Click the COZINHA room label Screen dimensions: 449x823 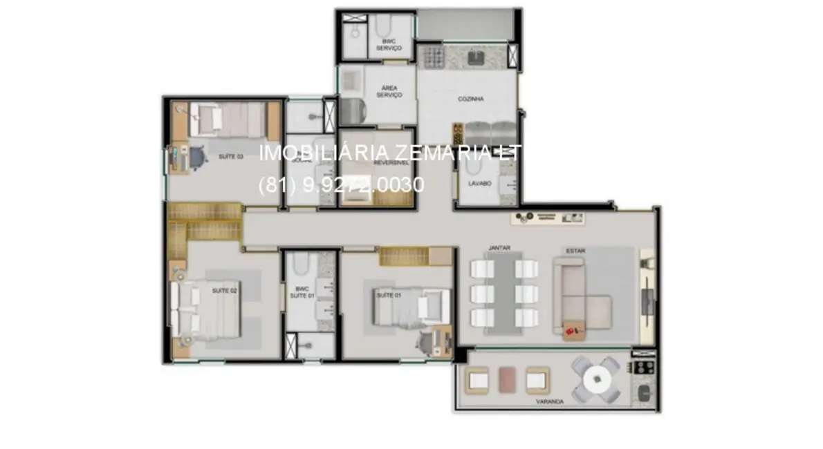pos(470,99)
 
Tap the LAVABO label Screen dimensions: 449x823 pos(479,184)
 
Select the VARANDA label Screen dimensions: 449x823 pos(549,401)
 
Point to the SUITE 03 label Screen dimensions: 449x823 pos(231,157)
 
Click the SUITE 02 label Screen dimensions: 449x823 pos(224,291)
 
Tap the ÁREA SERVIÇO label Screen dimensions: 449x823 pos(389,91)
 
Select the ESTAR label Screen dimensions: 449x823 pos(575,251)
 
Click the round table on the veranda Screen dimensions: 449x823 pos(596,379)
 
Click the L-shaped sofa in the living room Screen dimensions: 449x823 pos(581,297)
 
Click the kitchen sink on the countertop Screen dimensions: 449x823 pos(476,57)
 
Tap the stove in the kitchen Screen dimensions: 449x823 pos(432,57)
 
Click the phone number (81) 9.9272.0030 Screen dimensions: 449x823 pos(341,185)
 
